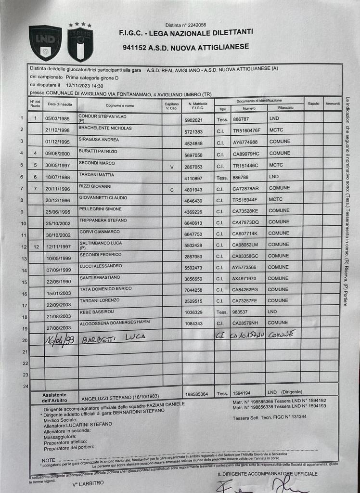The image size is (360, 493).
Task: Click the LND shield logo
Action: [45, 42]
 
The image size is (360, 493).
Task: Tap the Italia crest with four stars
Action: [80, 42]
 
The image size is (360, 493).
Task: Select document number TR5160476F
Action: [246, 130]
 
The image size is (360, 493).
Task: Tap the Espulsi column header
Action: [313, 104]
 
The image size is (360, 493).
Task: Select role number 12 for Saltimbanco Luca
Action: [36, 246]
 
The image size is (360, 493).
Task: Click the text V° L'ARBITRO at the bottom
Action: [88, 483]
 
